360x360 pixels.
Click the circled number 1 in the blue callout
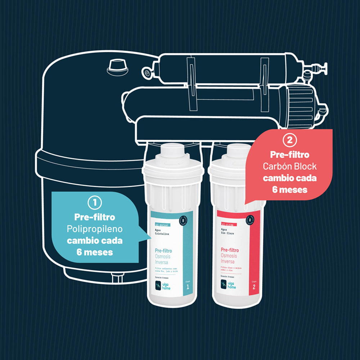(95, 203)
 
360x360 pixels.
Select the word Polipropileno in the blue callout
(95, 229)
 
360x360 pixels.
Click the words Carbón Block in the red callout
(289, 166)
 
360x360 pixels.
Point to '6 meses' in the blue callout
(95, 252)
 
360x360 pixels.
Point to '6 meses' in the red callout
(289, 189)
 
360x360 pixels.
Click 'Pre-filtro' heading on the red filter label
(230, 250)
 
